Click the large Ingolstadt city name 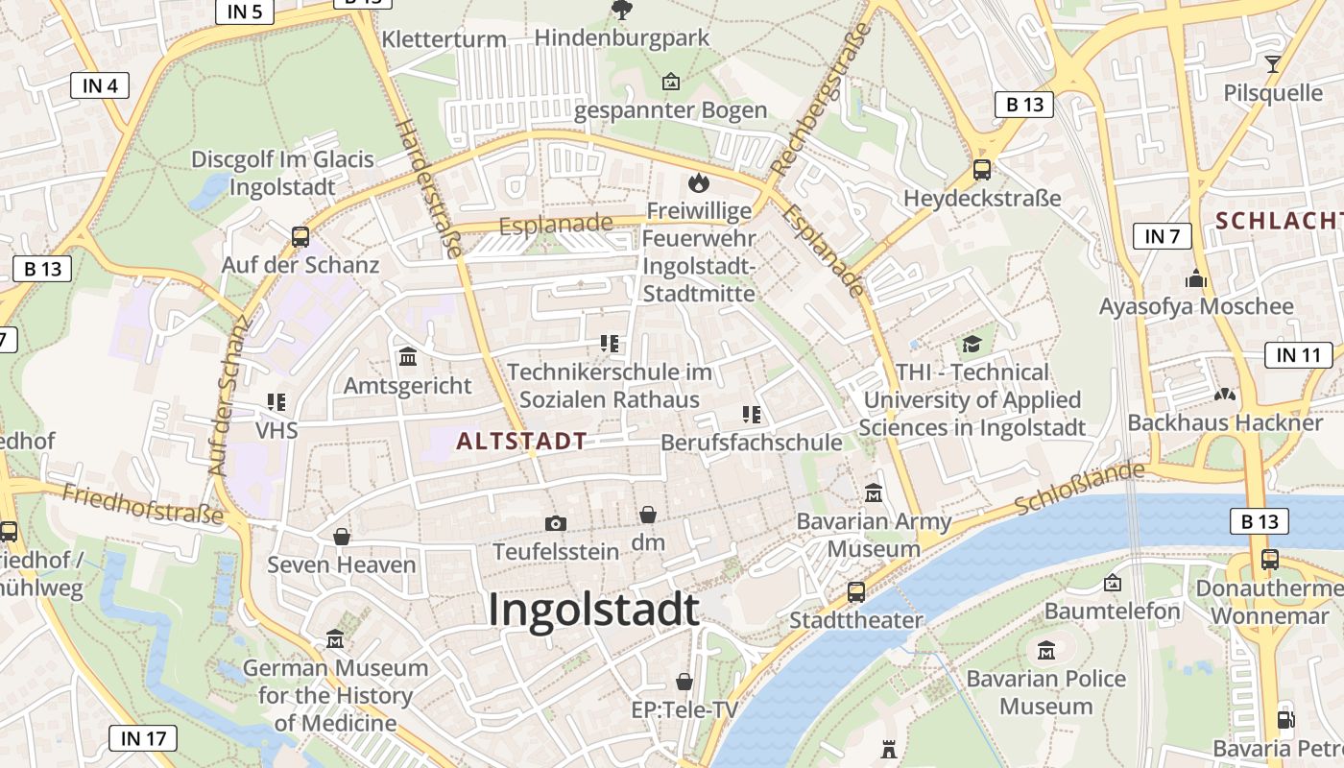(x=593, y=610)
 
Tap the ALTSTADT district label (x=521, y=442)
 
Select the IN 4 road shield (x=100, y=85)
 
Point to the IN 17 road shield (x=143, y=738)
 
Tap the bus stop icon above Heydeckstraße (x=981, y=170)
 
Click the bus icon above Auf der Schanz (x=300, y=236)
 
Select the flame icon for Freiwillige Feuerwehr (x=698, y=181)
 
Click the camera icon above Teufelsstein (x=555, y=523)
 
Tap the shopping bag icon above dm (x=648, y=515)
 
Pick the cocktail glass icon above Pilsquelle (x=1273, y=64)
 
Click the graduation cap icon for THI (x=972, y=344)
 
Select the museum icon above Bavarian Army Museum (x=874, y=493)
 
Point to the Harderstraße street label (x=429, y=188)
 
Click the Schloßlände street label (x=1080, y=488)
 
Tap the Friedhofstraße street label (x=143, y=504)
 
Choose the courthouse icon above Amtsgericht (x=408, y=357)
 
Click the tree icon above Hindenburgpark (x=621, y=11)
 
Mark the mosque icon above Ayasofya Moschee (x=1195, y=278)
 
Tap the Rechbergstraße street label (x=821, y=98)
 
